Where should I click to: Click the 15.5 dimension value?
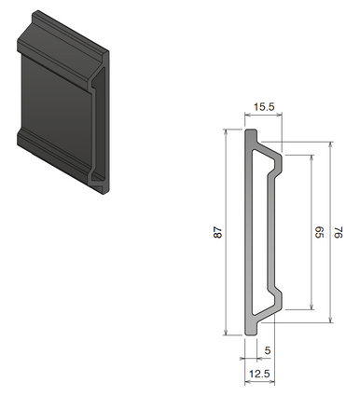click(264, 108)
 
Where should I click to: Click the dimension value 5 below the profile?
click(269, 351)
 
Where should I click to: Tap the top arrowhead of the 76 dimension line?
click(331, 144)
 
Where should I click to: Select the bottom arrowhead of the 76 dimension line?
click(331, 321)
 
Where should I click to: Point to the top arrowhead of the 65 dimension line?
click(309, 157)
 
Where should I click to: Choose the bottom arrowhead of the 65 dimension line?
click(309, 308)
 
